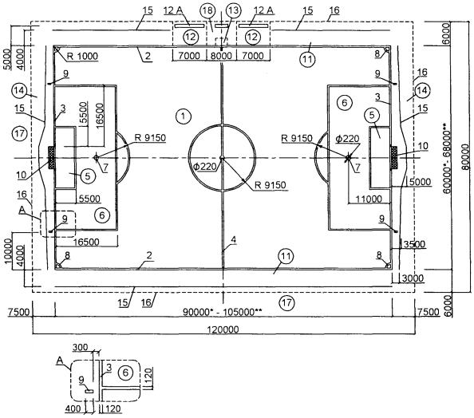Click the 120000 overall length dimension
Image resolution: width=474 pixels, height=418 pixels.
[223, 329]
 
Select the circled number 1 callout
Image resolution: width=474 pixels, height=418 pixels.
[183, 116]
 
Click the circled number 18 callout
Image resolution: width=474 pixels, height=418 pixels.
[207, 11]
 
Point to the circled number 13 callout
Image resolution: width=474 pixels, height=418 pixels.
[233, 11]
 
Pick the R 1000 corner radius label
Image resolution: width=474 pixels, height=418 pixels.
[82, 56]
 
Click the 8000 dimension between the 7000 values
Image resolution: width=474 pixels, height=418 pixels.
[222, 56]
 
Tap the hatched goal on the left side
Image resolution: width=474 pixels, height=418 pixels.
[52, 157]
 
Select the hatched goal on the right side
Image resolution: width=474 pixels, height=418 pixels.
[394, 157]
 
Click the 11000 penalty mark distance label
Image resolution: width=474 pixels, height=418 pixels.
[369, 199]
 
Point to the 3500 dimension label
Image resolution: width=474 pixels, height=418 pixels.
[414, 244]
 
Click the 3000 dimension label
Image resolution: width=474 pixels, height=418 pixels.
[413, 278]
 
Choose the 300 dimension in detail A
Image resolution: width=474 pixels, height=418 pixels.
[81, 347]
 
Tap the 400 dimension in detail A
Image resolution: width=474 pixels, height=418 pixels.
[73, 408]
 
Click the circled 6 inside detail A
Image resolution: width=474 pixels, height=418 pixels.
[125, 373]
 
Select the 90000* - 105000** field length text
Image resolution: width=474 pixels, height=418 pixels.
[222, 312]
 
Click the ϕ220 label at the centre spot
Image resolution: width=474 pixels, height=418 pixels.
[205, 167]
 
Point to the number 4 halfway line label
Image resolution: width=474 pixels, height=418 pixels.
[233, 240]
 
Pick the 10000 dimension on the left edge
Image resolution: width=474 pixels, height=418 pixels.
[8, 251]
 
